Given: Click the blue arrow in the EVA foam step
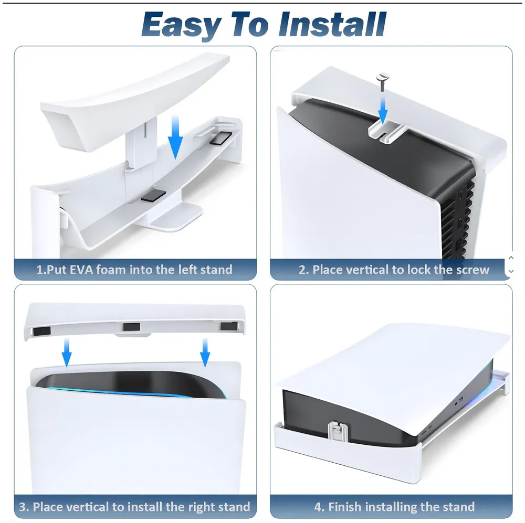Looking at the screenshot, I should pos(175,140).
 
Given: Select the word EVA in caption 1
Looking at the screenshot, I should pos(83,270).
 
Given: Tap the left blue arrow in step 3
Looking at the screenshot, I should pos(67,353).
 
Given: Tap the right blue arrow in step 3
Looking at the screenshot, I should pos(205,353).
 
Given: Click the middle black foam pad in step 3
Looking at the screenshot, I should pos(132,327).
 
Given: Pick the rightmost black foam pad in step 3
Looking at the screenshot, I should pos(228,326).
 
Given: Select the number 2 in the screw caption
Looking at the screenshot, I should pos(302,270).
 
